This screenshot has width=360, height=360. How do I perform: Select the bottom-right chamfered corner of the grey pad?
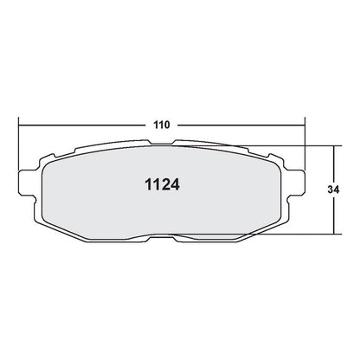point(269,223)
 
